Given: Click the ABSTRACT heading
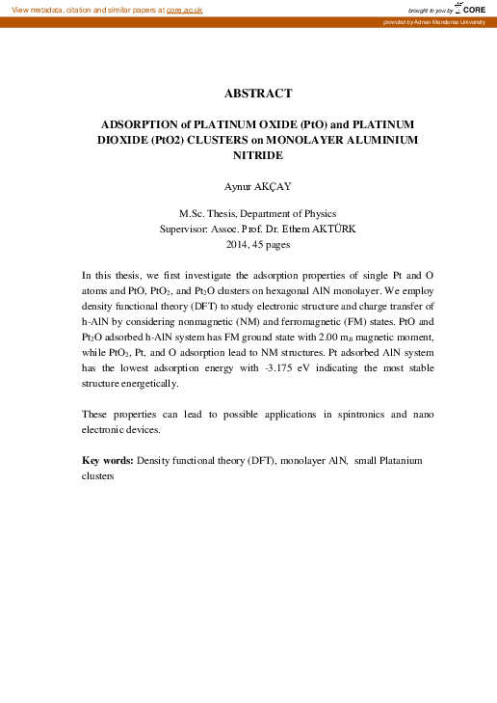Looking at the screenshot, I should (258, 94).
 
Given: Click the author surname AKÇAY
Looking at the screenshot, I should (279, 185).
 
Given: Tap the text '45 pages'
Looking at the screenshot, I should (272, 245).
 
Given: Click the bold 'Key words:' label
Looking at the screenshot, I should (108, 460).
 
